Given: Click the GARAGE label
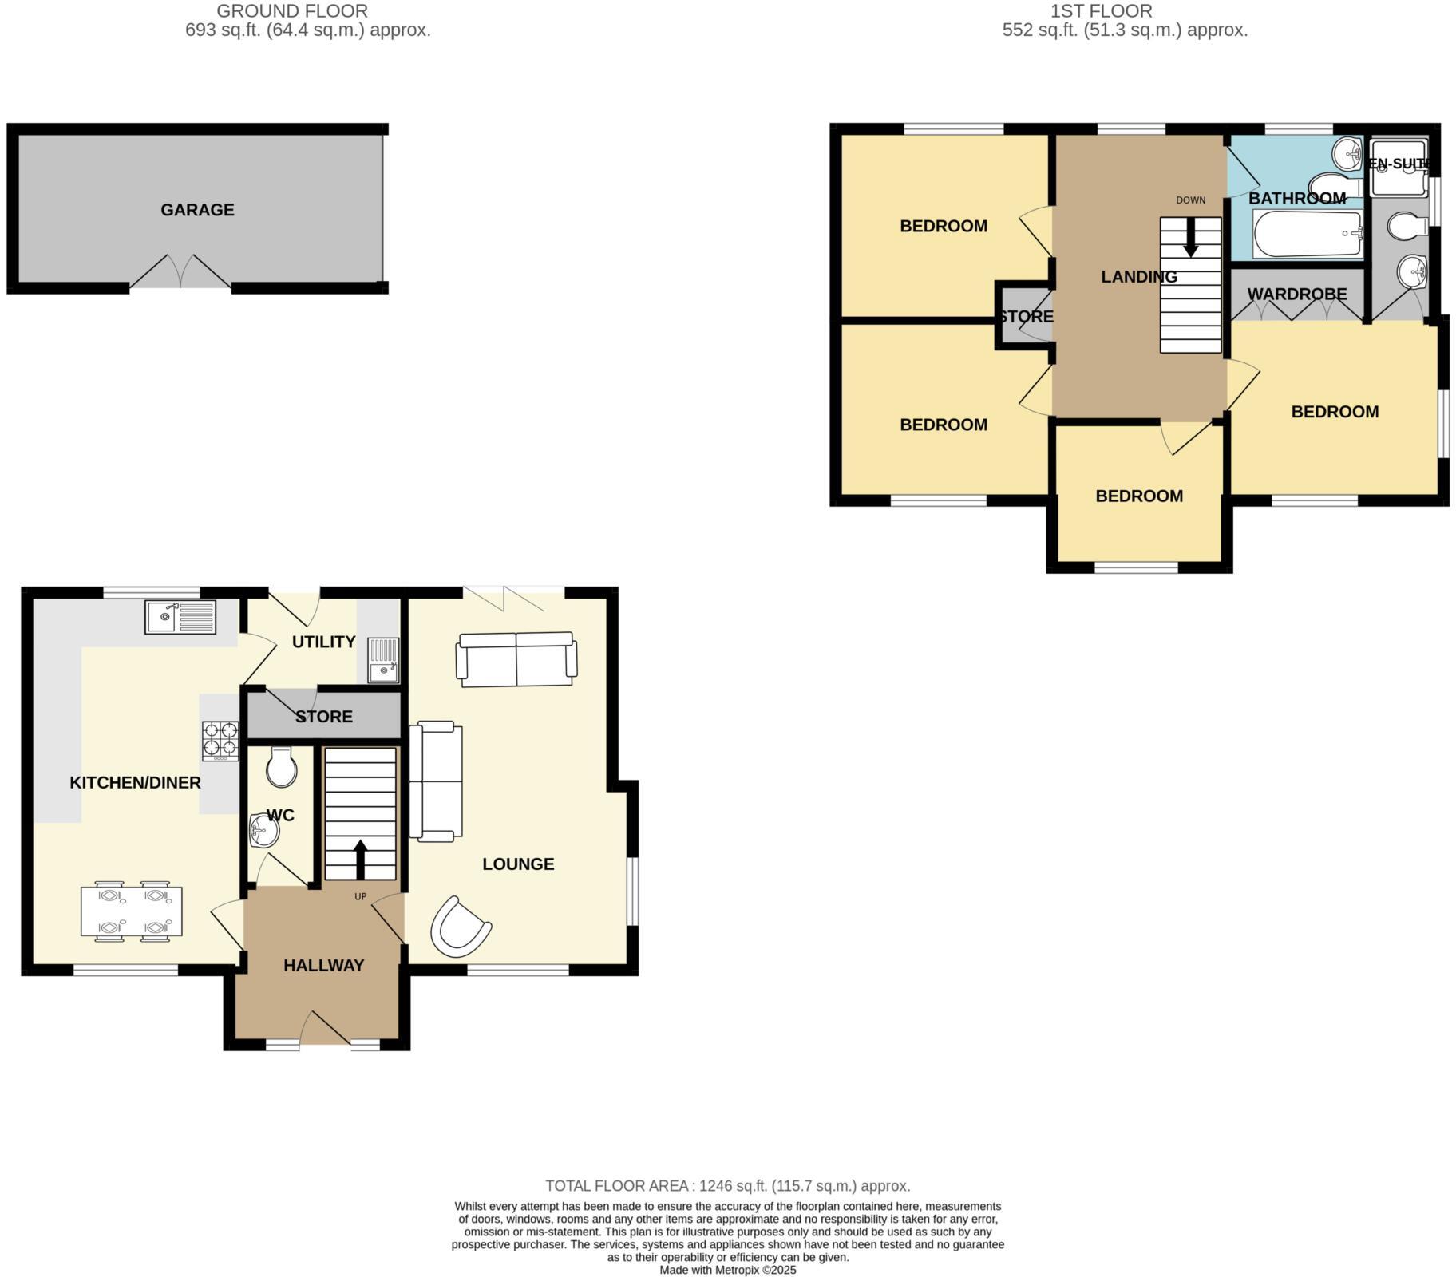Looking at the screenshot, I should coord(197,210).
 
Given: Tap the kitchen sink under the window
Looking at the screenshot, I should coord(180,618).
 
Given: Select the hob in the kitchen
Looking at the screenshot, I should coord(220,740).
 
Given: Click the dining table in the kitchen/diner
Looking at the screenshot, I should coord(132,911).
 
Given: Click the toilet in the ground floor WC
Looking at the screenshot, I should coord(281,767).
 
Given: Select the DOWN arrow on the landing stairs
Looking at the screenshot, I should coord(1190,238).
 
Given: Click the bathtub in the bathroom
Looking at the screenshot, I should coord(1308,234).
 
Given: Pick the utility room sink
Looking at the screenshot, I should coord(383,660).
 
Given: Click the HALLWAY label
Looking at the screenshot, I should coord(323,966).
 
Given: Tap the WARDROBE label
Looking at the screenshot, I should coord(1296,295).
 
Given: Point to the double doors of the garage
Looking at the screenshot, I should coord(181,273).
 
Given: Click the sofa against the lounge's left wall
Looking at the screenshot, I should coord(436,780).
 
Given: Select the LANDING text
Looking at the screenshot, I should coord(1138,277).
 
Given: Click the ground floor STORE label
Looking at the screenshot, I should coord(323,717).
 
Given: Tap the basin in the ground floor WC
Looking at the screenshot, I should coord(263,832).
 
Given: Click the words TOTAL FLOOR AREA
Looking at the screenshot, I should coord(616,1186).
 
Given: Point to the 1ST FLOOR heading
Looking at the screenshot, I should coord(1101,11).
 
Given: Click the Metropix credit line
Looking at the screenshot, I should coord(727,1270).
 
